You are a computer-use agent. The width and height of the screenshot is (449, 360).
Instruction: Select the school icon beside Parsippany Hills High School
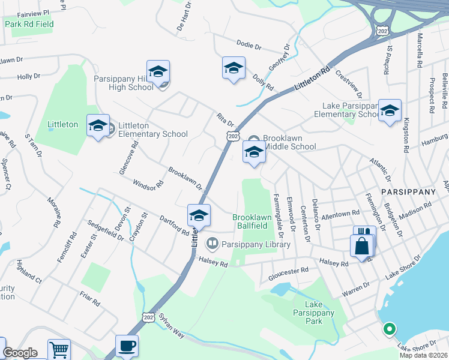(158, 72)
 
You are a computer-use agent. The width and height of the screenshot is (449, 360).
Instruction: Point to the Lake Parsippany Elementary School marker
(390, 111)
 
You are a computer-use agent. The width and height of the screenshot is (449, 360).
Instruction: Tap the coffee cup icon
(127, 346)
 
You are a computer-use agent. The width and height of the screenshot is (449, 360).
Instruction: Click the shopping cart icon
(59, 350)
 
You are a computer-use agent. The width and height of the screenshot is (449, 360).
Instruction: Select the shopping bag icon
(362, 246)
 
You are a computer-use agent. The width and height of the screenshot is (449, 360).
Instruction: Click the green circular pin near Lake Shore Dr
(389, 329)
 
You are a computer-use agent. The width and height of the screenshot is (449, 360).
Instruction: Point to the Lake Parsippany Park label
(316, 313)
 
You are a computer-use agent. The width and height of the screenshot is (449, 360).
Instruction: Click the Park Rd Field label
(29, 25)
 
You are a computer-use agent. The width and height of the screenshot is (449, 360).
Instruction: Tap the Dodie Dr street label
(249, 46)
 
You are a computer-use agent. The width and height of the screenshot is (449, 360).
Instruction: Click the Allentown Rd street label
(340, 214)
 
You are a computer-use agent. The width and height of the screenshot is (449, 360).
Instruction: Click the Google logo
(20, 353)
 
